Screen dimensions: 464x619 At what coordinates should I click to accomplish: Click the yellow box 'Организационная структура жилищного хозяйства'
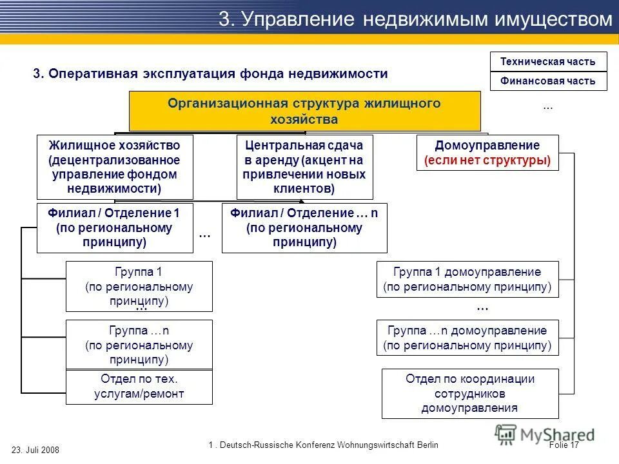click(305, 111)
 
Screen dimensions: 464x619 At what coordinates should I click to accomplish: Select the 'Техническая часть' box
click(549, 62)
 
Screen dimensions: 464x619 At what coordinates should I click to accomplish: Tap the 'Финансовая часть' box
click(549, 81)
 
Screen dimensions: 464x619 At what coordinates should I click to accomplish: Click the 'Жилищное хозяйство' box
click(115, 167)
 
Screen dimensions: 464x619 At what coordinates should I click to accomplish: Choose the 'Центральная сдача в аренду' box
click(304, 167)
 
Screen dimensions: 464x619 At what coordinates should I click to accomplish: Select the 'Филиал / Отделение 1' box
click(115, 227)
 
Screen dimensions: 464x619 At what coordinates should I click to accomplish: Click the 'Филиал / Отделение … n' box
click(304, 227)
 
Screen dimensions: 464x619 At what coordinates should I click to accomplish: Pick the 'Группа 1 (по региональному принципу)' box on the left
click(139, 286)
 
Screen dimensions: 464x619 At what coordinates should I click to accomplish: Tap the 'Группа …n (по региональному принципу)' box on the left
click(139, 345)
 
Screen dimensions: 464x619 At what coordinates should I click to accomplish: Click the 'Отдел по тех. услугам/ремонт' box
click(139, 387)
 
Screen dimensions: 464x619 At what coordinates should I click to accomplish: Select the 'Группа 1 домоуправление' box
click(467, 279)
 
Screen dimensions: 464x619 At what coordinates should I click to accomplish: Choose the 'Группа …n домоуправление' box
click(467, 338)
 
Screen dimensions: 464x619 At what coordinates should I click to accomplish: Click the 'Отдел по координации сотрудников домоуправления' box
click(470, 393)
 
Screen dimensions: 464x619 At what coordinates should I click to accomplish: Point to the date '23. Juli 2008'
click(35, 450)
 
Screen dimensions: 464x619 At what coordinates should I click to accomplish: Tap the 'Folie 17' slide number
click(565, 445)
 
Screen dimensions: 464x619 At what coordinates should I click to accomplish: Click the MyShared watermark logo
click(545, 435)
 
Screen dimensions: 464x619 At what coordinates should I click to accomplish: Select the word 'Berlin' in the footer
click(423, 445)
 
